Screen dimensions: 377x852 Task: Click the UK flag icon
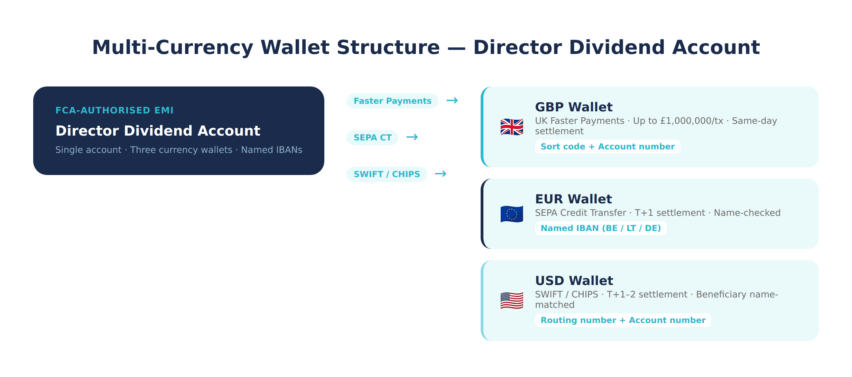[512, 127]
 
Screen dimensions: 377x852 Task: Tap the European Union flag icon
[512, 214]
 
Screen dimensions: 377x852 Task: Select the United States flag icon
[512, 300]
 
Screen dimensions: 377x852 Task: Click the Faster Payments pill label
[392, 101]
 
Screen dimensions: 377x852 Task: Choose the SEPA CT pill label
[372, 138]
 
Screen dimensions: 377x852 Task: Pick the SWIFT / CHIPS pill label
[387, 174]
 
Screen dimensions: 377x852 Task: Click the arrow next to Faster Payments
[452, 101]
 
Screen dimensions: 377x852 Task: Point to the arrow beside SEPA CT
[412, 137]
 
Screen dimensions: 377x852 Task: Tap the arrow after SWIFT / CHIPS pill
[441, 174]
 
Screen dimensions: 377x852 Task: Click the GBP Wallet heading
[574, 107]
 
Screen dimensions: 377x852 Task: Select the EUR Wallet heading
[573, 199]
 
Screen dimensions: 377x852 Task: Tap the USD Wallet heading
[574, 281]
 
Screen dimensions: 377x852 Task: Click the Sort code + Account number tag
[608, 147]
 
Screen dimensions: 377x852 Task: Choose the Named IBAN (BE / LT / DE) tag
[601, 228]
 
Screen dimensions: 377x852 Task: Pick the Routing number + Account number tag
[623, 320]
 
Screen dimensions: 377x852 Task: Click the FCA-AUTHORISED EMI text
[114, 110]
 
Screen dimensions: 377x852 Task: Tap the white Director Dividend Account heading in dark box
[158, 131]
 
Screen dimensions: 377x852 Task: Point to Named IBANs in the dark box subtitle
[271, 150]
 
